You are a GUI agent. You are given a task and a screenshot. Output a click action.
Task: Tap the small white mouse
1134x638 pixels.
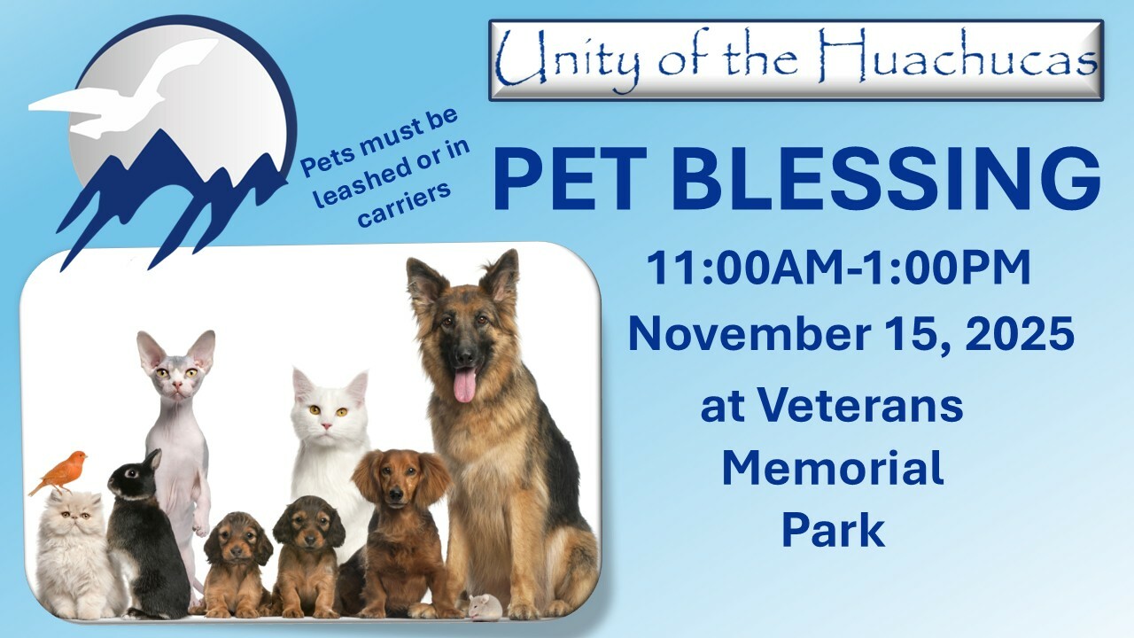tap(485, 607)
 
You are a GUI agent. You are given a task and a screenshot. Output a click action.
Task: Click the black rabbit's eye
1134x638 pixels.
tap(132, 473)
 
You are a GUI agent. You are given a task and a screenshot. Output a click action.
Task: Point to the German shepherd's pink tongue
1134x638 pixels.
tap(464, 385)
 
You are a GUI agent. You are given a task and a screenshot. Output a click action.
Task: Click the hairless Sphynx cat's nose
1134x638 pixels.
tap(177, 387)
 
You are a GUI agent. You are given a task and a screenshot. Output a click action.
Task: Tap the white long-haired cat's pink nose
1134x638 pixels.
tap(327, 426)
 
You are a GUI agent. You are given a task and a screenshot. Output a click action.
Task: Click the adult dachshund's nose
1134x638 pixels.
tap(396, 492)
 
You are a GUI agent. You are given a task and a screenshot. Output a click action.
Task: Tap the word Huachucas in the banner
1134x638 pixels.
tap(958, 57)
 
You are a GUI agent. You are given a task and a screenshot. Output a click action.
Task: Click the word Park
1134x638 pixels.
tap(834, 530)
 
